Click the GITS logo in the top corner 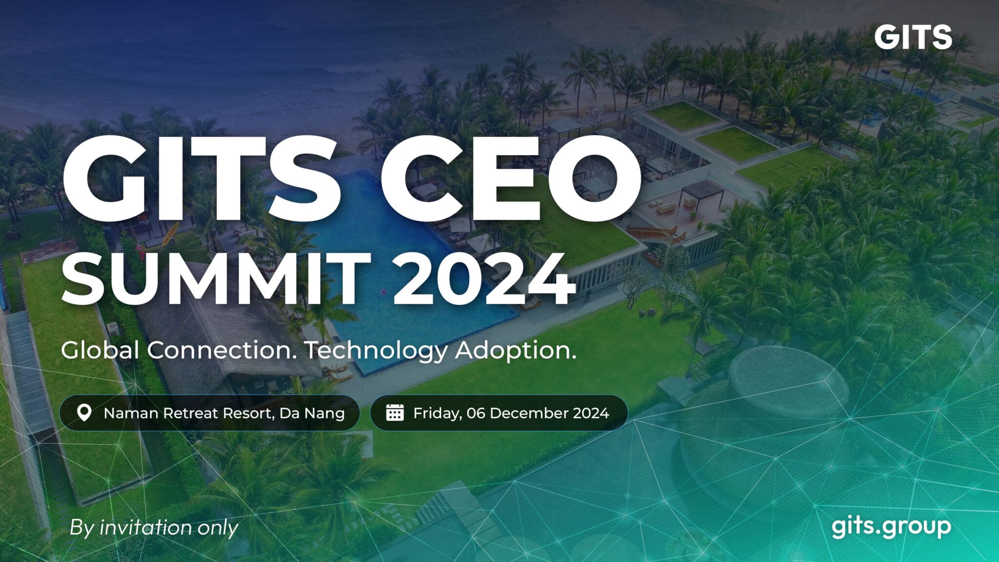tap(913, 37)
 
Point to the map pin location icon tap(84, 413)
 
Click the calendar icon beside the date tap(395, 413)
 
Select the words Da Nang tap(312, 413)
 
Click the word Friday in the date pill tap(437, 414)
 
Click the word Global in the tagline tap(100, 350)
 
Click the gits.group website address tap(891, 527)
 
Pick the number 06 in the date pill tap(476, 413)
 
